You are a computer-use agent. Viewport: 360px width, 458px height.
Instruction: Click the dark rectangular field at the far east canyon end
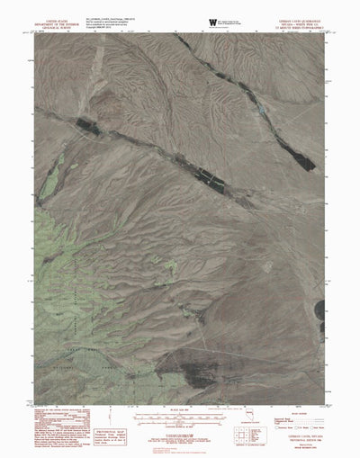tap(302, 162)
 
